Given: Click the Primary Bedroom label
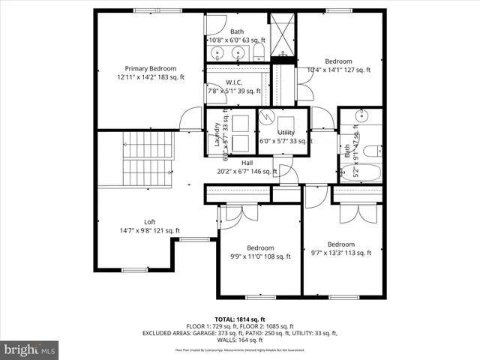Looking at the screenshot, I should coord(150,68).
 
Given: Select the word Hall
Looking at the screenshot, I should coord(247,163).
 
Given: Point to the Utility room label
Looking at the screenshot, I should coord(286,133).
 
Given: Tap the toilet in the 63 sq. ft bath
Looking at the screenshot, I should coord(258,51).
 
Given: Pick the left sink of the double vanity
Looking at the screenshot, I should coord(217,52).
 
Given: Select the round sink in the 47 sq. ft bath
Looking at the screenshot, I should coord(361,118).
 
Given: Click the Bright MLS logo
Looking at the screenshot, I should coord(30,349).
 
